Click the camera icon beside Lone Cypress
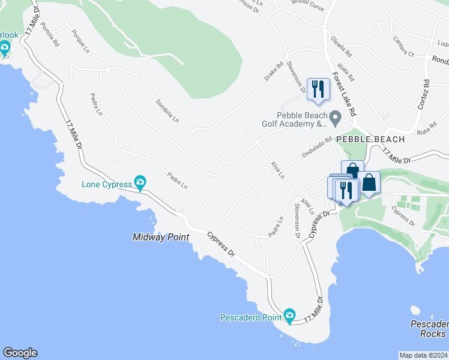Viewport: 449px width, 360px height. [140, 182]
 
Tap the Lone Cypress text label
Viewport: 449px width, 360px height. [106, 184]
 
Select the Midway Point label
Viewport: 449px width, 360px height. [160, 238]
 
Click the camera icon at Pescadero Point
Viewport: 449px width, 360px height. [289, 315]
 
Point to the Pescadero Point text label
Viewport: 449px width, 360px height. [251, 317]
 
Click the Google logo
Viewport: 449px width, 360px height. [20, 353]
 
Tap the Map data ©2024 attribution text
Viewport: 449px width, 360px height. [423, 355]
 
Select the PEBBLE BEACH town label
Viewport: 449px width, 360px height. [370, 139]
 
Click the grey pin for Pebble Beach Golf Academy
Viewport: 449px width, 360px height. [336, 116]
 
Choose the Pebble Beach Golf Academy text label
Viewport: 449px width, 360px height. [302, 120]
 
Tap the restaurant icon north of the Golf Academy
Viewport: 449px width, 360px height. [318, 89]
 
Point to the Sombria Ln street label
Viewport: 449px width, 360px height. [167, 111]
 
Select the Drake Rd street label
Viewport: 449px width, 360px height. [274, 72]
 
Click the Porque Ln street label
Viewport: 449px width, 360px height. [80, 40]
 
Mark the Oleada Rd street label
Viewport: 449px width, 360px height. [343, 47]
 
